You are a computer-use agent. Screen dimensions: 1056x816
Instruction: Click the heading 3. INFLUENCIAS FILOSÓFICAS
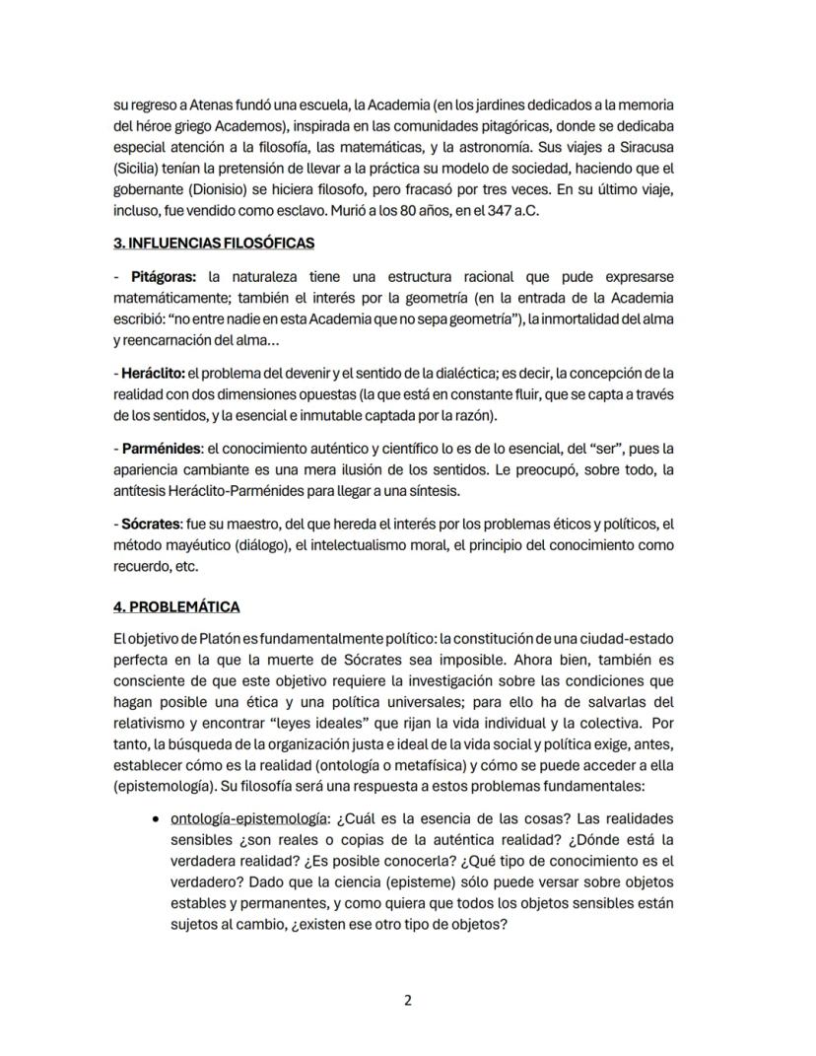(214, 243)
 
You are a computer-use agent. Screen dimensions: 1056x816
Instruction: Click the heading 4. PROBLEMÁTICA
(176, 606)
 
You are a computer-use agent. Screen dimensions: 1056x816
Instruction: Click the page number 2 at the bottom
(408, 1000)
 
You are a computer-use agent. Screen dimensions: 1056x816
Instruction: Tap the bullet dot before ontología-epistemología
(159, 818)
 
